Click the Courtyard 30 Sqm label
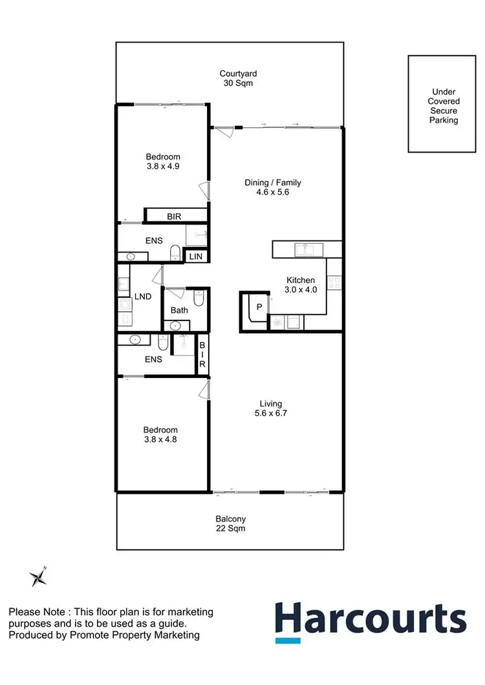click(235, 78)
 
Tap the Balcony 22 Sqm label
click(230, 523)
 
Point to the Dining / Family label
click(273, 187)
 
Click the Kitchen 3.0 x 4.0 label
click(301, 285)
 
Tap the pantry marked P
click(259, 308)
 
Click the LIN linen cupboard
click(195, 257)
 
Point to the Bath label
click(179, 310)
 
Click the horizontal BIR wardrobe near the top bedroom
click(175, 216)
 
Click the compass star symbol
click(38, 577)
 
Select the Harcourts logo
click(371, 621)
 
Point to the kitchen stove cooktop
click(334, 282)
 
